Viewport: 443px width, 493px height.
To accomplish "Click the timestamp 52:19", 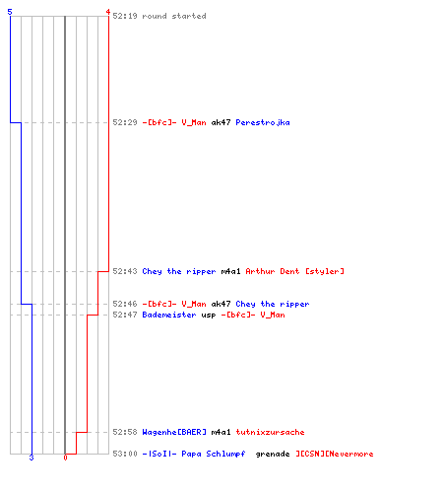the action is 125,16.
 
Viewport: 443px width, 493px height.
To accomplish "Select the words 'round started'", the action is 174,16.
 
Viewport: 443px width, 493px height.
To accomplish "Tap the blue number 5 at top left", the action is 10,12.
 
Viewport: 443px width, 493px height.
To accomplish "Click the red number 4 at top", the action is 108,12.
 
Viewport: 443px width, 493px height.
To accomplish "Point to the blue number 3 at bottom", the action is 32,458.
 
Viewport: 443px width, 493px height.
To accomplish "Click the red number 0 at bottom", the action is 65,458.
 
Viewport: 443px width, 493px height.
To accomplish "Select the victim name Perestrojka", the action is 263,122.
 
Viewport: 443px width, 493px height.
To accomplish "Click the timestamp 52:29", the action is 125,122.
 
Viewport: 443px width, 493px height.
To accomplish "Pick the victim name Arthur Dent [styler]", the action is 294,271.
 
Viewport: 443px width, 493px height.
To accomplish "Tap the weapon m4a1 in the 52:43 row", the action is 230,271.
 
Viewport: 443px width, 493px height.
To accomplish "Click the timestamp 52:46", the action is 125,304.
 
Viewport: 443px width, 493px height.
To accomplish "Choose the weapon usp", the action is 209,315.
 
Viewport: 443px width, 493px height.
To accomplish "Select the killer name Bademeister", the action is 169,315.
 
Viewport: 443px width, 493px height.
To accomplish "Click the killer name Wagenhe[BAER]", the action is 174,432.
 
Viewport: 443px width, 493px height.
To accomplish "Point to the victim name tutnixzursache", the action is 270,432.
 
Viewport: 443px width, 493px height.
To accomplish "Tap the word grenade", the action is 273,455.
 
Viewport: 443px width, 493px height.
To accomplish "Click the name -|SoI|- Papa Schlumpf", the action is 194,454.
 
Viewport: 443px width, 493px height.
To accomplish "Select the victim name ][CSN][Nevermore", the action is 335,454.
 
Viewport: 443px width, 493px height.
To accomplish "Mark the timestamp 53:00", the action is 125,454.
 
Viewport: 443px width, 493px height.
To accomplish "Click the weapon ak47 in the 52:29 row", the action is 221,122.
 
